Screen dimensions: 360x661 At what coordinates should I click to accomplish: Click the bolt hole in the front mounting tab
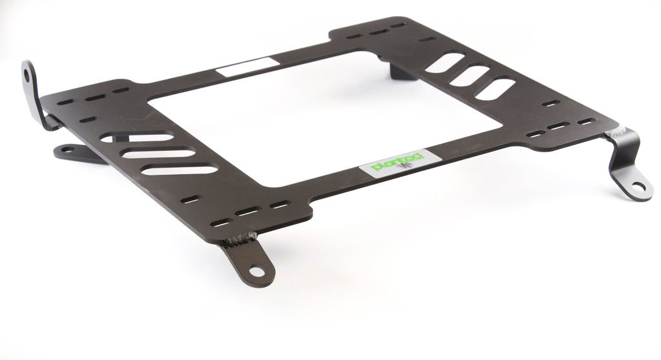[x=256, y=271]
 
